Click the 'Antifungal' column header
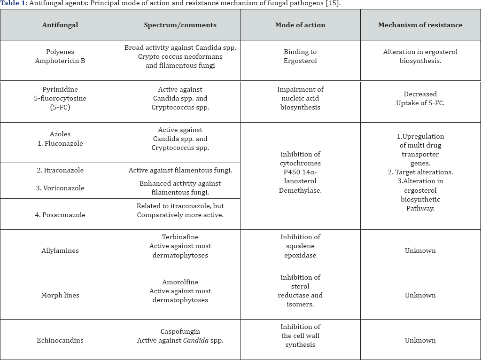pos(60,25)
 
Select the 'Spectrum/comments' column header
pos(180,25)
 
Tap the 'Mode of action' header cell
pos(300,25)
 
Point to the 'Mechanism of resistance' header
pos(420,25)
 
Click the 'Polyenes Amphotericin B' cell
pos(60,56)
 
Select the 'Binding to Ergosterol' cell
pos(300,56)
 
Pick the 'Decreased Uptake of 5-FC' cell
pos(420,99)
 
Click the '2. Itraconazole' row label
pos(60,170)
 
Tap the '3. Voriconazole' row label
pos(60,188)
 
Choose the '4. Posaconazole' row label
pos(60,215)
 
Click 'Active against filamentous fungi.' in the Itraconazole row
pos(180,170)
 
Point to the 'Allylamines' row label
pos(60,250)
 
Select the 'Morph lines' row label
pos(60,295)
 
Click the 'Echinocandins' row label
pos(60,340)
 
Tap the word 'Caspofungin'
pos(180,331)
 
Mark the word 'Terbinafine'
pos(180,237)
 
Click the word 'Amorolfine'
pos(180,282)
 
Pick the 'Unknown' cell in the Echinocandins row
pos(420,340)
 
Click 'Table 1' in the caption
pos(14,3)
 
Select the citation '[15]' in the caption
pos(334,3)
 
